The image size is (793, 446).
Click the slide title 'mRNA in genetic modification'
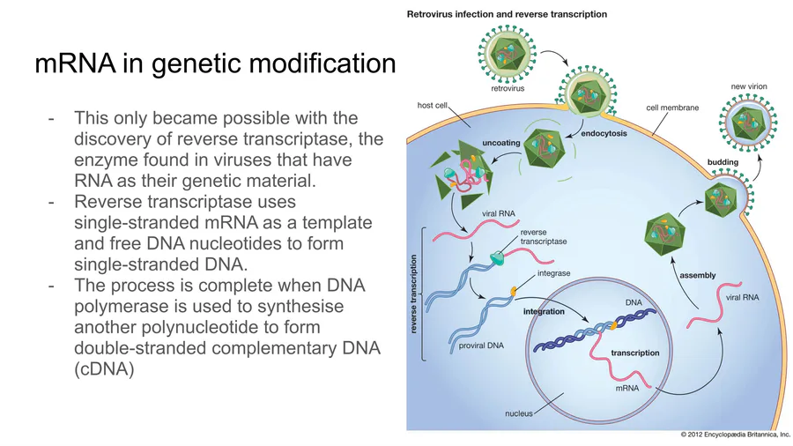tap(216, 63)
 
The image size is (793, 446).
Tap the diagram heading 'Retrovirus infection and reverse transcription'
tap(506, 14)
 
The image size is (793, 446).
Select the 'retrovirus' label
tap(509, 88)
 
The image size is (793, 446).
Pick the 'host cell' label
tap(433, 105)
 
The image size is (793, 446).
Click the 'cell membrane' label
tap(672, 108)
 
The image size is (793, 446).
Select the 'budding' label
tap(723, 162)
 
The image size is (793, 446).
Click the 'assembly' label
tap(697, 275)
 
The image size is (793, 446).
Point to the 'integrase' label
tap(553, 273)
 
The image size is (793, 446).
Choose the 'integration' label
tap(545, 312)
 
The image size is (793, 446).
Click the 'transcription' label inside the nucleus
tap(634, 353)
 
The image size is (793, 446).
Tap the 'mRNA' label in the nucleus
tap(626, 388)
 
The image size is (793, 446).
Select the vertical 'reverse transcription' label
tap(413, 294)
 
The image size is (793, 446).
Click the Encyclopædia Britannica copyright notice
tap(735, 435)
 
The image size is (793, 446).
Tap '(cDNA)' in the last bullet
tap(104, 370)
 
